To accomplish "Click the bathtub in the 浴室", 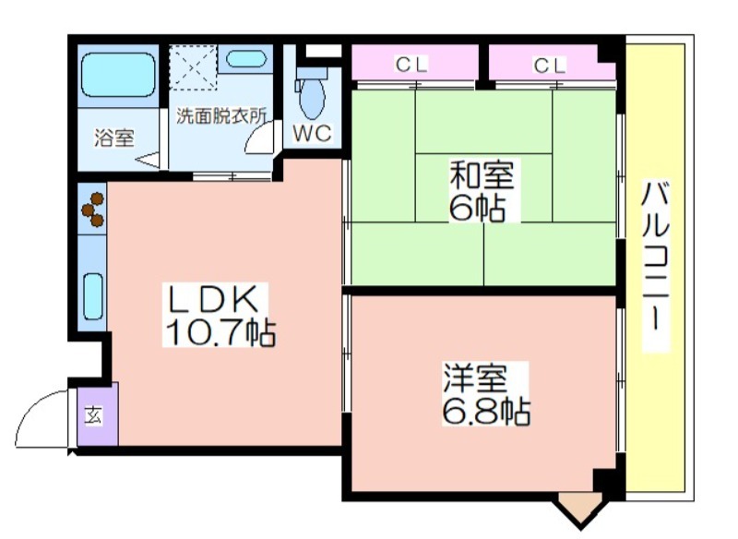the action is coord(118,75).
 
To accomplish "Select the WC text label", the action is coord(313,133).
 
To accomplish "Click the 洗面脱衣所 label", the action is coord(221,115).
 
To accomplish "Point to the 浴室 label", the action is coord(114,138).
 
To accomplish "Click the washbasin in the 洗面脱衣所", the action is coord(245,59).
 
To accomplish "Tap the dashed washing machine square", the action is coord(193,67).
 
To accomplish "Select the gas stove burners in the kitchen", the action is coord(93,209).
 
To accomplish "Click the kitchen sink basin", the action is coord(93,296).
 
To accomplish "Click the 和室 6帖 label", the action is coord(482,190).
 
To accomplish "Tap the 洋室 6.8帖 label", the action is coord(486,393).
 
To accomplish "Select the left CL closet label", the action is coord(411,65).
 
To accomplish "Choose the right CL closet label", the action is coord(549,66).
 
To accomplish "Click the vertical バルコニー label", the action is coord(656,267).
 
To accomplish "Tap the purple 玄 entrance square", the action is coord(98,414).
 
